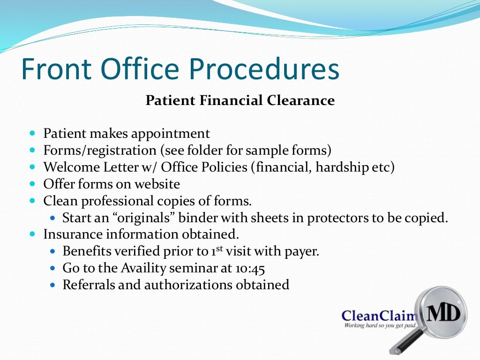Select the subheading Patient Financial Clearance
point(240,100)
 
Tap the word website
point(156,184)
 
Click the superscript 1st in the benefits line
point(216,250)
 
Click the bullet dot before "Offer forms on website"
point(32,184)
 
